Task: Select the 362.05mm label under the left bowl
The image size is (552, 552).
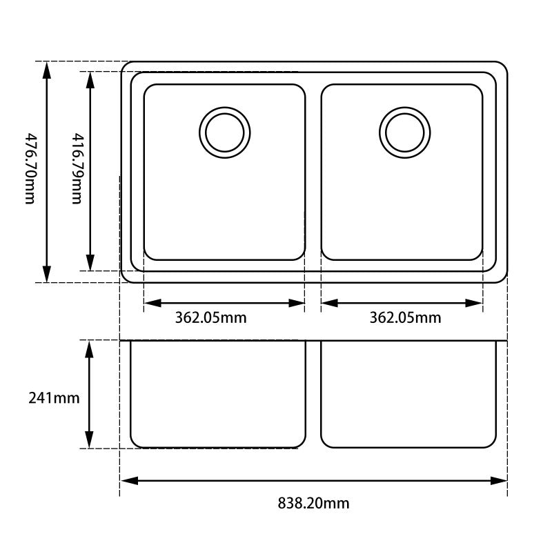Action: (x=210, y=318)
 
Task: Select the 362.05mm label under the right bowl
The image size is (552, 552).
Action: (x=405, y=318)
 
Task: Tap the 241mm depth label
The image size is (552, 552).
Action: (x=54, y=398)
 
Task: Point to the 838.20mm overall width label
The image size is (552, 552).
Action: (x=313, y=503)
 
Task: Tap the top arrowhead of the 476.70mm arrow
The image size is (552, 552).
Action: (x=46, y=68)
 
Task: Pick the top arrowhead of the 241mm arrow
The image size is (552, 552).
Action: (x=89, y=348)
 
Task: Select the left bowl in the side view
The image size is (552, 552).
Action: (x=218, y=393)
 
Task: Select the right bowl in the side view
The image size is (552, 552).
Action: (x=408, y=393)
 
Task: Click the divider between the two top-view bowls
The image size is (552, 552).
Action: (x=313, y=172)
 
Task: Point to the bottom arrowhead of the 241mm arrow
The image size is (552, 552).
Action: (x=89, y=440)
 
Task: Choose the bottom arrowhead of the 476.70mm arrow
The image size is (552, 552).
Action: (x=46, y=274)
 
